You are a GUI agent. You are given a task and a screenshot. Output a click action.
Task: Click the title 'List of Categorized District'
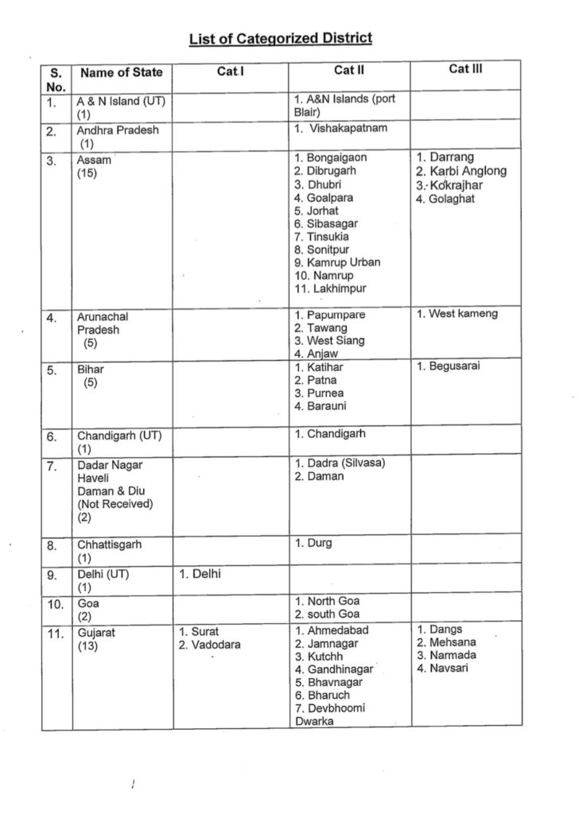pos(281,38)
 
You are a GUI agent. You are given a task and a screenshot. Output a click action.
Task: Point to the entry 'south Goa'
pos(332,614)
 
